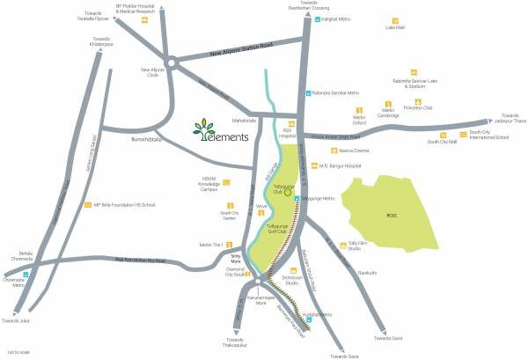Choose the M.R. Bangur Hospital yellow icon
click(309, 165)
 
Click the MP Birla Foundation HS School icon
click(86, 205)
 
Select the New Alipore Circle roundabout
click(172, 63)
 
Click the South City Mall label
click(442, 141)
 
